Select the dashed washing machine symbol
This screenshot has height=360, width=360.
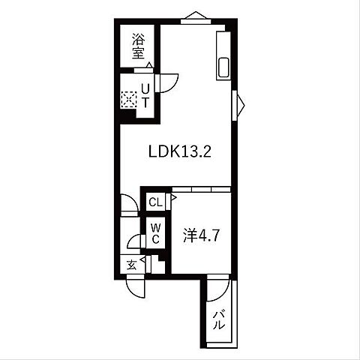pyautogui.click(x=129, y=98)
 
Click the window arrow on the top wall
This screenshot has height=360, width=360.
pyautogui.click(x=196, y=15)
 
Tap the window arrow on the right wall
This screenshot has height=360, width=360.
pyautogui.click(x=240, y=103)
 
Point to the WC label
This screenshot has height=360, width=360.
pyautogui.click(x=154, y=233)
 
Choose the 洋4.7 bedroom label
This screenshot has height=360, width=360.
pyautogui.click(x=200, y=235)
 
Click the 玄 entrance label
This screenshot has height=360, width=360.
pyautogui.click(x=130, y=264)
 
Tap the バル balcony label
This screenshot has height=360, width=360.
pyautogui.click(x=220, y=320)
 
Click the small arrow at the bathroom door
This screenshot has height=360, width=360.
pyautogui.click(x=148, y=66)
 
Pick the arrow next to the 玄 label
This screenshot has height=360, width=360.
pyautogui.click(x=142, y=262)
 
